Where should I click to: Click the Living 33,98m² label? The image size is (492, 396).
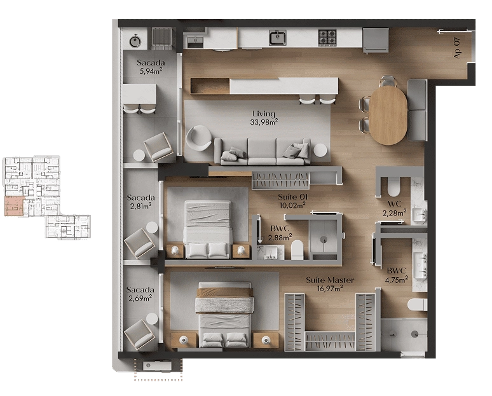264,118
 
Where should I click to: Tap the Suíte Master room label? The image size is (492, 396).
330,280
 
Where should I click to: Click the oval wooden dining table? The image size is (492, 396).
388,115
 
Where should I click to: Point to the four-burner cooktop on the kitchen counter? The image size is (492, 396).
327,38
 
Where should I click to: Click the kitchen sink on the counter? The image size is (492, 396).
277,38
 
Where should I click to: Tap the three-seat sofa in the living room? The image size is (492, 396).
263,151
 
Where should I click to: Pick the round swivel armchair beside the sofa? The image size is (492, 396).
198,138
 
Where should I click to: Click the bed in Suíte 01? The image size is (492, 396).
207,229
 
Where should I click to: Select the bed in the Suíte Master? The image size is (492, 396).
224,315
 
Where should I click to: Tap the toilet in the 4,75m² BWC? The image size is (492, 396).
418,304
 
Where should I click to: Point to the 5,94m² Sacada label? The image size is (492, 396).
151,67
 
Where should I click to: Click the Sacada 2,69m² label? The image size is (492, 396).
140,294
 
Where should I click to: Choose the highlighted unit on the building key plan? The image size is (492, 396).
14,206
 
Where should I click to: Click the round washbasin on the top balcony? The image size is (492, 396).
135,41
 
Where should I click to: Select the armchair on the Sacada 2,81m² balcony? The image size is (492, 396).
140,243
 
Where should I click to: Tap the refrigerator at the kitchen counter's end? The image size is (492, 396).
376,40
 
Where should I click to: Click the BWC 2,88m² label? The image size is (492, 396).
280,233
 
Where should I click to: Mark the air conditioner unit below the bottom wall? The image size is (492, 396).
157,366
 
